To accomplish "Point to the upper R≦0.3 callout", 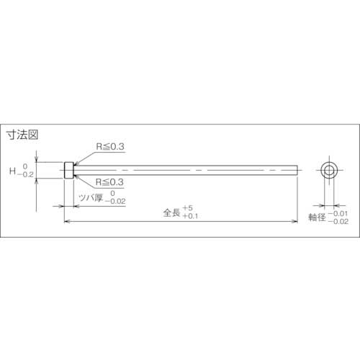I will tap(110, 146).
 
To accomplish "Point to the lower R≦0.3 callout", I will tap(110, 182).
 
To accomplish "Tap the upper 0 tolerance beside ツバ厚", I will tap(115, 193).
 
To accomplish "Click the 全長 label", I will tap(172, 212).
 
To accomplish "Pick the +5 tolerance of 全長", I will tap(189, 208).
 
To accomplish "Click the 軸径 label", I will tap(318, 218).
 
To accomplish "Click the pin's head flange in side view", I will tap(68, 171).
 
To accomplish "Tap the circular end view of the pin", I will tap(329, 171).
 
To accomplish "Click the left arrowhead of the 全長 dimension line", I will tap(67, 222).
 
